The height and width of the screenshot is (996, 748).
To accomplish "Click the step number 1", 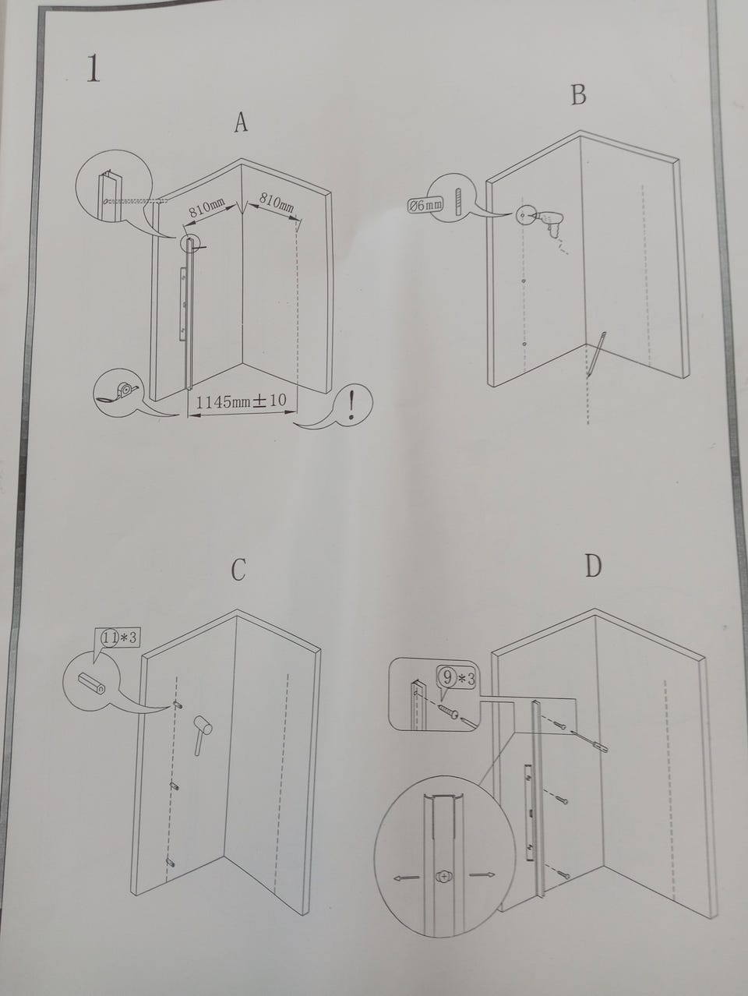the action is click(93, 69).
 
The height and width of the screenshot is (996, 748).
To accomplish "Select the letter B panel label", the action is click(579, 95).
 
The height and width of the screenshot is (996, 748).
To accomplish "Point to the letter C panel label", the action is click(238, 570).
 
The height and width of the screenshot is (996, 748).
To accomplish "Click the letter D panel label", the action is click(593, 566).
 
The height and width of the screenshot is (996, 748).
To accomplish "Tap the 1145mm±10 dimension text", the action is click(241, 401).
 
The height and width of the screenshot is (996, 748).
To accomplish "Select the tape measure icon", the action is click(119, 390).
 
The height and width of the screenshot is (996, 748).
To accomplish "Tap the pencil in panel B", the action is click(596, 355).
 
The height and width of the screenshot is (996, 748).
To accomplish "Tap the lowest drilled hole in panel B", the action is click(524, 344).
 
